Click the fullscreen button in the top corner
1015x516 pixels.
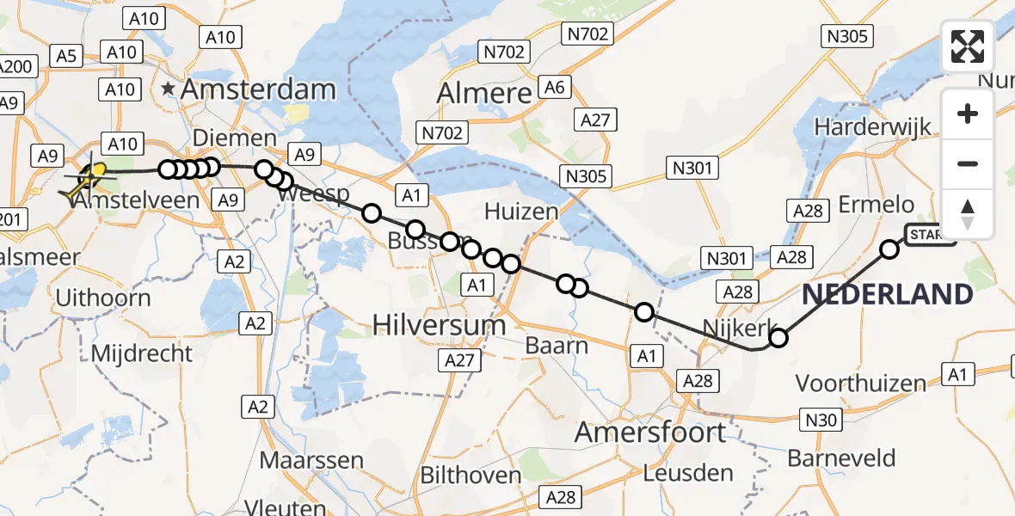[968, 46]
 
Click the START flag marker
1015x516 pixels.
[930, 235]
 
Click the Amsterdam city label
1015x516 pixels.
[257, 89]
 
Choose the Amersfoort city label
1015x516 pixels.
[650, 431]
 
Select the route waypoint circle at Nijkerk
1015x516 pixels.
[778, 338]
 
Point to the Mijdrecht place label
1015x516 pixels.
[141, 353]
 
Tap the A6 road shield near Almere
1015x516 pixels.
[554, 87]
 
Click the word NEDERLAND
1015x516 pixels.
[887, 295]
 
